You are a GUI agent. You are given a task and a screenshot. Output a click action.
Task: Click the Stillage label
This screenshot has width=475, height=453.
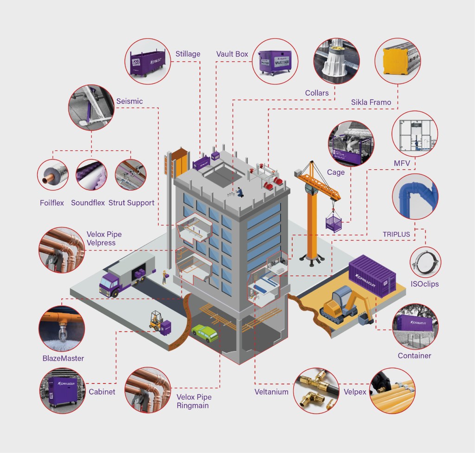pyautogui.click(x=188, y=54)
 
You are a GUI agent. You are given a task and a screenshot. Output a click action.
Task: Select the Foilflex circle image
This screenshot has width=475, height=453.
pyautogui.click(x=52, y=175)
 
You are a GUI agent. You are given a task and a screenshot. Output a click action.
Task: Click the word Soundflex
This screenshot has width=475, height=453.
pyautogui.click(x=88, y=203)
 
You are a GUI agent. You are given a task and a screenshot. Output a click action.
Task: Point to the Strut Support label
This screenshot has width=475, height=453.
pyautogui.click(x=131, y=203)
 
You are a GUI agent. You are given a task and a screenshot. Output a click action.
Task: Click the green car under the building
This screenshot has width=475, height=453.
pyautogui.click(x=205, y=333)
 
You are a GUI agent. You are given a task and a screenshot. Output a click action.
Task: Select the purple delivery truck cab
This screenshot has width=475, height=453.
pyautogui.click(x=109, y=283)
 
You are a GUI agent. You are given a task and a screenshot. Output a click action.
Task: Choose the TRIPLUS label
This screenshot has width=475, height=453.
pyautogui.click(x=396, y=234)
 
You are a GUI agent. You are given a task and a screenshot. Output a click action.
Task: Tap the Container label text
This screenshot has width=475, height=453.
pyautogui.click(x=414, y=356)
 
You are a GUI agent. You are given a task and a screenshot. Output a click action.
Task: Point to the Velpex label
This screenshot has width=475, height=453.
pyautogui.click(x=355, y=392)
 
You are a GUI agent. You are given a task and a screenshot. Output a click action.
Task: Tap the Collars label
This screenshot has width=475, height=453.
pyautogui.click(x=317, y=93)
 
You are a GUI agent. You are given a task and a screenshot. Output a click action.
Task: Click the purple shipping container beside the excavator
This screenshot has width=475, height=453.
pyautogui.click(x=372, y=276)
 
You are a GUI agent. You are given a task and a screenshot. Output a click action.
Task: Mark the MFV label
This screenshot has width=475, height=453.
pyautogui.click(x=401, y=163)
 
